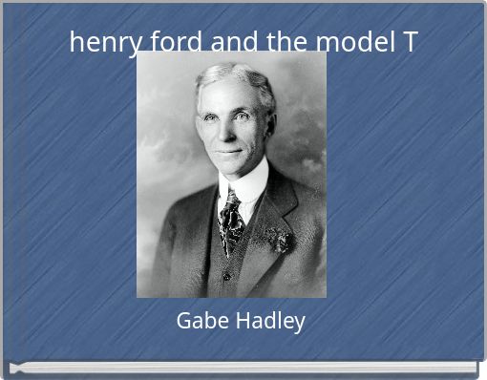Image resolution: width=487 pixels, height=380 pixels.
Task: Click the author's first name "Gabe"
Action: click(199, 322)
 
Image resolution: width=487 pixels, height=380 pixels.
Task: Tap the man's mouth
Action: click(226, 151)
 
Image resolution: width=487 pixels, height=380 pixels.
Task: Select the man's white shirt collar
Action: click(243, 186)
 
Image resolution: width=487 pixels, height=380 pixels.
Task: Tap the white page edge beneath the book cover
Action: click(243, 367)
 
